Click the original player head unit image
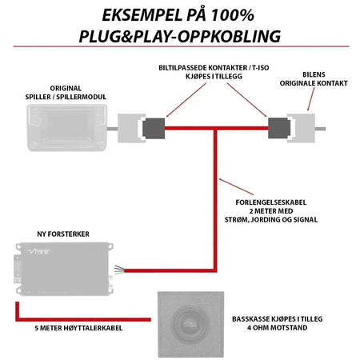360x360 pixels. click(67, 128)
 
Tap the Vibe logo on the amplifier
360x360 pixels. click(39, 251)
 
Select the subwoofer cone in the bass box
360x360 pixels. click(190, 324)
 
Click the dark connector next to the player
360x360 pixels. click(154, 128)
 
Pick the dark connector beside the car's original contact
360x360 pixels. click(279, 128)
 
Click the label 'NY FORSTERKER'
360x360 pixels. click(63, 234)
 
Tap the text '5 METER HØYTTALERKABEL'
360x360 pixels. click(78, 328)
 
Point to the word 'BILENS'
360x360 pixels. click(314, 74)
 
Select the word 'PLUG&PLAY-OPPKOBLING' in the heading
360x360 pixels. click(180, 36)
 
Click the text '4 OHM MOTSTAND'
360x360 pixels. click(278, 327)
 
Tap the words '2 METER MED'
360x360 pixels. click(271, 211)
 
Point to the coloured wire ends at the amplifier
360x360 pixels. click(119, 270)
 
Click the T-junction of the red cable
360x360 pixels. click(215, 128)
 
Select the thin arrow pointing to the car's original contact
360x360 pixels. click(311, 99)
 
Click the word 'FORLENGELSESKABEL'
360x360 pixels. click(271, 202)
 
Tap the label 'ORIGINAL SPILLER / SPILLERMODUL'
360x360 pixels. click(66, 93)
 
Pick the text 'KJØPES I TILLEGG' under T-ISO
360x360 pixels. click(214, 76)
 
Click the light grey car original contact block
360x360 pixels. click(302, 128)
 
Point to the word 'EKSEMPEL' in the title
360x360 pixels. click(141, 15)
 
